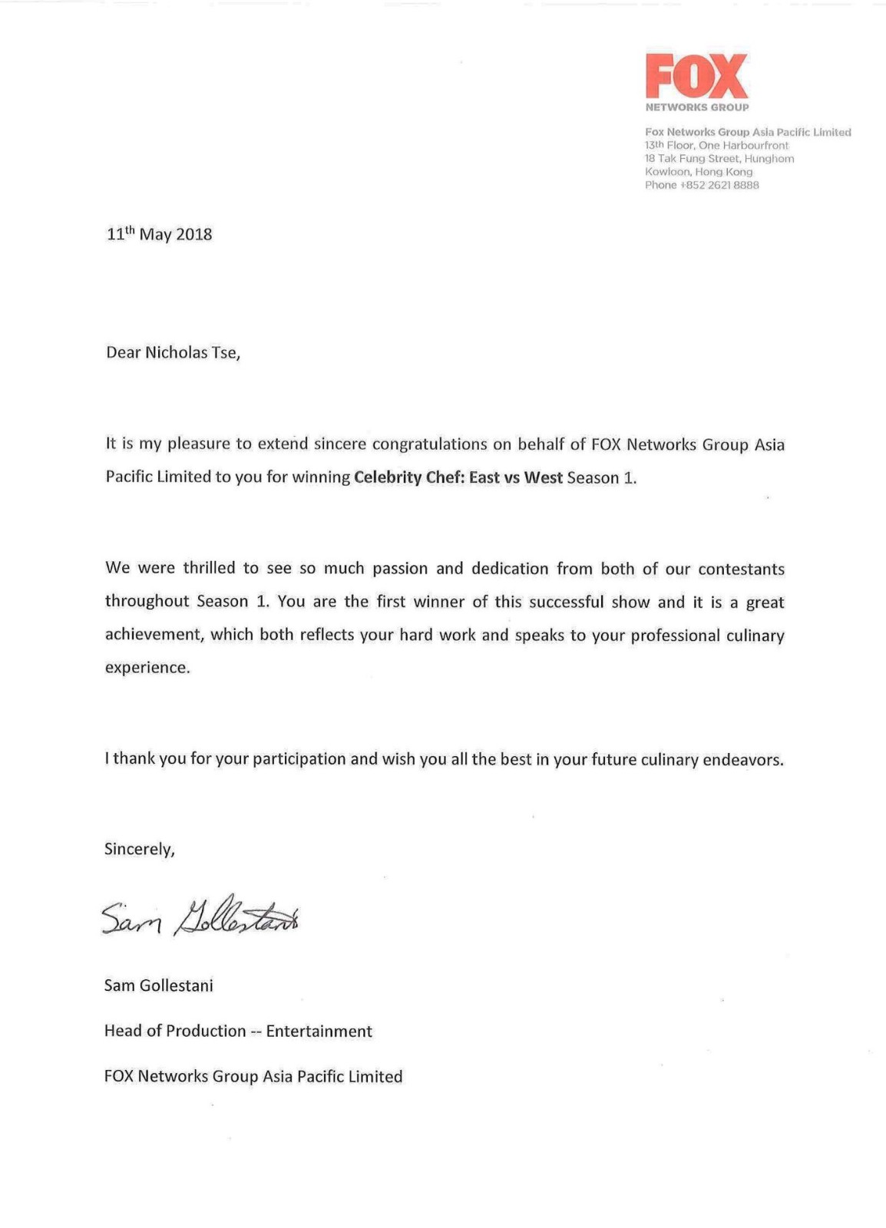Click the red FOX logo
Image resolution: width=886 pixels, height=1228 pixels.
[696, 76]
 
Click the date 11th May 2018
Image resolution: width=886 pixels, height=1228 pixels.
[159, 234]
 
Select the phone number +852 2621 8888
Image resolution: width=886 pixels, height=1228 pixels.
[719, 185]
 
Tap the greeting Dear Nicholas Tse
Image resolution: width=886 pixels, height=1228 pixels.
[173, 353]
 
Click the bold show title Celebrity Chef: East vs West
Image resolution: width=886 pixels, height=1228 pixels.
[458, 477]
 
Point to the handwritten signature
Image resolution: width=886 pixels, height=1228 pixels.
[200, 916]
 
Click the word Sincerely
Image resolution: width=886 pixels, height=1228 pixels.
[139, 849]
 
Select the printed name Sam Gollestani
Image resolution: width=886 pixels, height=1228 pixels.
[158, 985]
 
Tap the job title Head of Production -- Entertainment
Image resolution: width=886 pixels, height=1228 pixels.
[238, 1031]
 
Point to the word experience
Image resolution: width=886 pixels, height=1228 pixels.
[147, 667]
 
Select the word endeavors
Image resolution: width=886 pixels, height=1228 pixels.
[742, 760]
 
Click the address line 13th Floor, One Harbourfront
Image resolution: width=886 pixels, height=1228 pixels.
[716, 145]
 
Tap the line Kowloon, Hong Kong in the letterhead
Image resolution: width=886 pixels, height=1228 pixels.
[699, 172]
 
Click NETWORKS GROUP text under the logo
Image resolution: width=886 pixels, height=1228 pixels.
[696, 107]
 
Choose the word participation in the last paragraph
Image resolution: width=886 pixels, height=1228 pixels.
[299, 759]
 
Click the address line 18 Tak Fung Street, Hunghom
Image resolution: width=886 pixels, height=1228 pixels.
[719, 159]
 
